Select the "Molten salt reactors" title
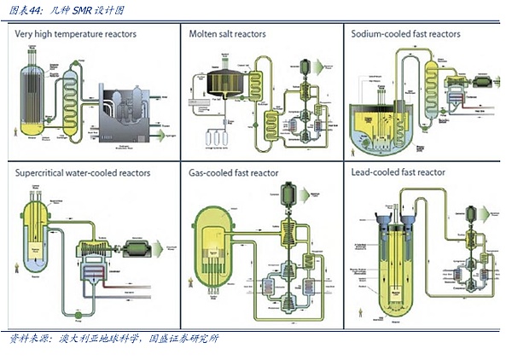pos(226,34)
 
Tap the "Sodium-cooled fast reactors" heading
pos(406,34)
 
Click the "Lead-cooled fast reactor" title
pos(399,172)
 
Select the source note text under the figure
pos(111,339)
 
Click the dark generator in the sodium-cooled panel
pos(482,81)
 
